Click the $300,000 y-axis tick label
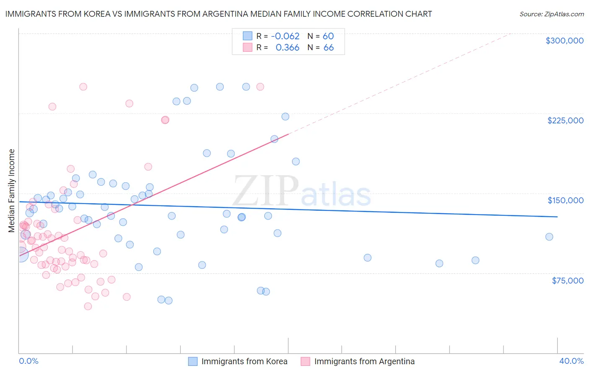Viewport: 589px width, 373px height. pyautogui.click(x=564, y=41)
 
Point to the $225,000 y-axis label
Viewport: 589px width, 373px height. pyautogui.click(x=565, y=120)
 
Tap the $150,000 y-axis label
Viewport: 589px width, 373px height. pyautogui.click(x=565, y=200)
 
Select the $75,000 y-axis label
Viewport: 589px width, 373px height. pyautogui.click(x=567, y=281)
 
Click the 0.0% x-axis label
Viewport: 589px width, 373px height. pyautogui.click(x=28, y=361)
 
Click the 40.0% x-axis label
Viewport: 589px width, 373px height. pyautogui.click(x=571, y=361)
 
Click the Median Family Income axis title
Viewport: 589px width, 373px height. pyautogui.click(x=12, y=191)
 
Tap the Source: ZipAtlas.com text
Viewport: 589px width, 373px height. pyautogui.click(x=551, y=14)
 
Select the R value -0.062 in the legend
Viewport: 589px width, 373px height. pyautogui.click(x=285, y=36)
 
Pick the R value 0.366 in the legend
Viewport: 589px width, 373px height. pyautogui.click(x=287, y=48)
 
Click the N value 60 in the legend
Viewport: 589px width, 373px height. pyautogui.click(x=328, y=36)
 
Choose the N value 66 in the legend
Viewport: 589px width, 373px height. pyautogui.click(x=328, y=48)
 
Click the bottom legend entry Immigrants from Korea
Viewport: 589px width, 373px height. pyautogui.click(x=244, y=361)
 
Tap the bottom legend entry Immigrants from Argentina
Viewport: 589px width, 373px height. pyautogui.click(x=364, y=361)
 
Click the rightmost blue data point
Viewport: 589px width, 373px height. pyautogui.click(x=549, y=237)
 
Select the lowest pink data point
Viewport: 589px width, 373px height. pyautogui.click(x=88, y=306)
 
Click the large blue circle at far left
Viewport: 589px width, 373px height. pyautogui.click(x=21, y=254)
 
